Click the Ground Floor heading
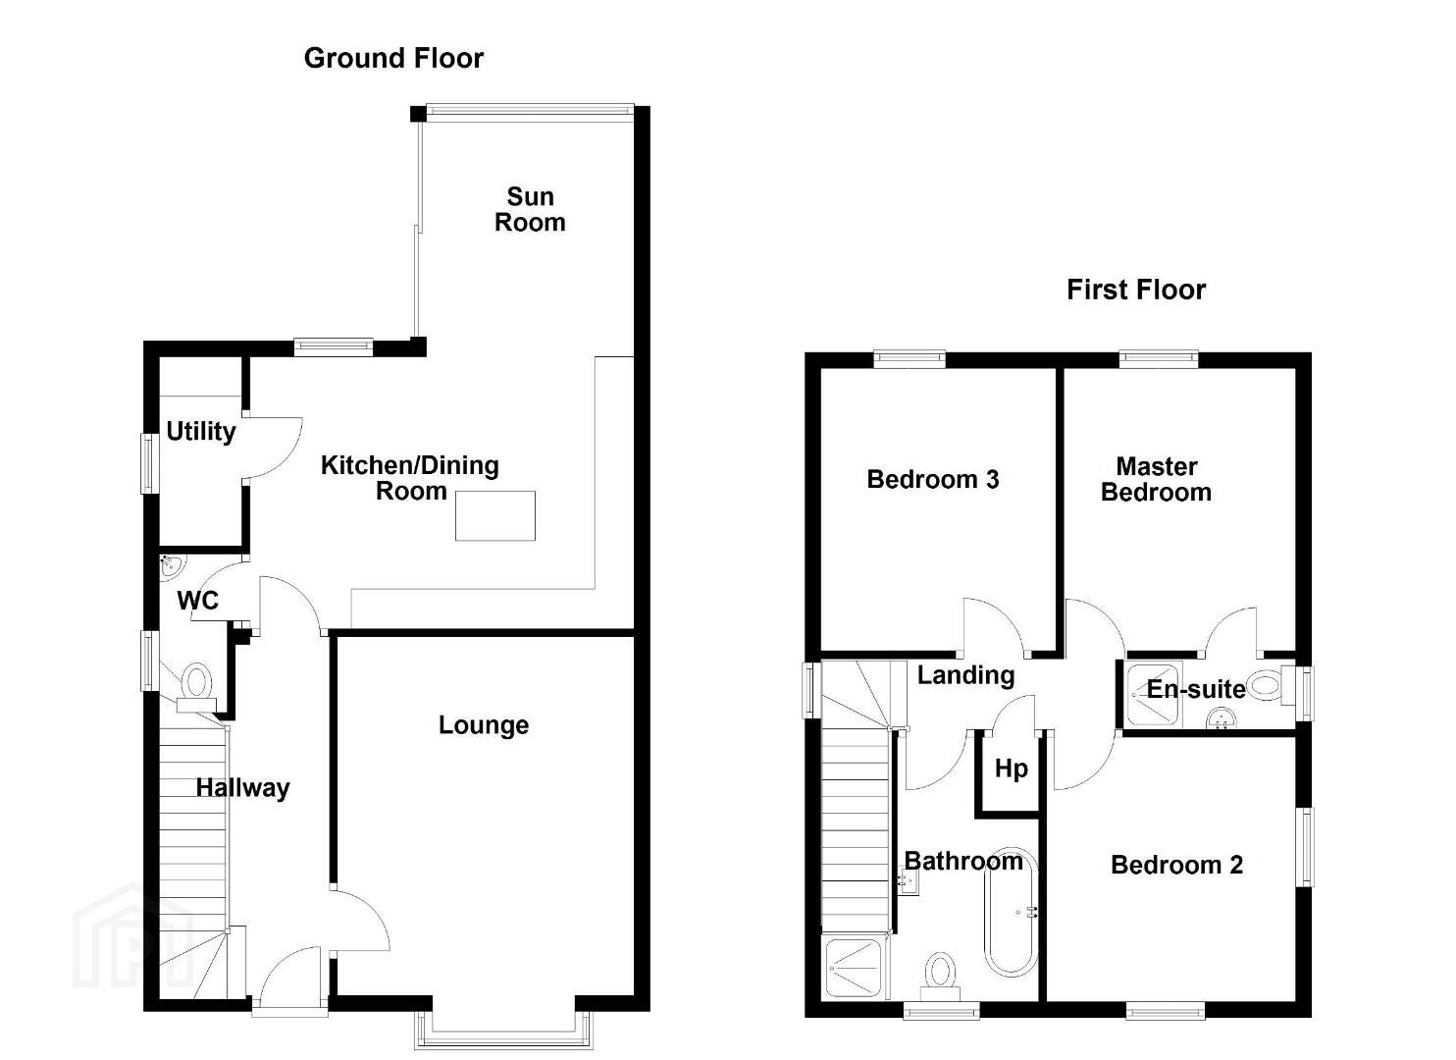[x=393, y=59]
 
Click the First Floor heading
[x=1136, y=290]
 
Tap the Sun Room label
[x=530, y=209]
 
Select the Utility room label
[x=201, y=431]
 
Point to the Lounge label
[x=484, y=725]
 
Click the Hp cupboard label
[x=1012, y=769]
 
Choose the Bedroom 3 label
[x=933, y=479]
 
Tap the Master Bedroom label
[x=1157, y=479]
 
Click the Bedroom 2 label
[x=1177, y=865]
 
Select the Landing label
[x=965, y=675]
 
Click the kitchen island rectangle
[x=495, y=515]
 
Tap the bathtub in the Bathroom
[x=1011, y=911]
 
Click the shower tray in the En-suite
[x=1154, y=695]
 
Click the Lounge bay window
[x=503, y=1031]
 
